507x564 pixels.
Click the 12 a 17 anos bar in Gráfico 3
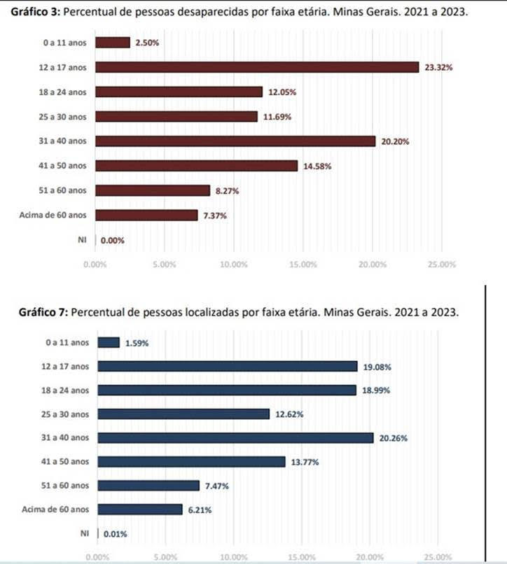(257, 67)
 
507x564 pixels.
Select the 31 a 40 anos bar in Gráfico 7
(235, 438)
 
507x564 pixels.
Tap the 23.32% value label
(438, 68)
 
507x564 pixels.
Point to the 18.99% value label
(377, 390)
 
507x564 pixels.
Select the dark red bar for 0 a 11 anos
(112, 43)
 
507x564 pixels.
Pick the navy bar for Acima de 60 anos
(140, 509)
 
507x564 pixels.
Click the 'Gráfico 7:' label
(42, 312)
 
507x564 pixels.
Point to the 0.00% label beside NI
(113, 240)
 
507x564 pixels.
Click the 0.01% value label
(116, 534)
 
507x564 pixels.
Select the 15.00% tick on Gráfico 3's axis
(303, 265)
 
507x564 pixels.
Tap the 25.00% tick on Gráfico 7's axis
(438, 557)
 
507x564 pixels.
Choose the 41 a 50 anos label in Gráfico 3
(64, 166)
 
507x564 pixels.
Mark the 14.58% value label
(317, 166)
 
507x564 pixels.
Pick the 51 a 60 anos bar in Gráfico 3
(152, 190)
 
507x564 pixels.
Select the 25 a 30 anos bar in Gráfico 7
(183, 414)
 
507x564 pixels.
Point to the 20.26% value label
(394, 439)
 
